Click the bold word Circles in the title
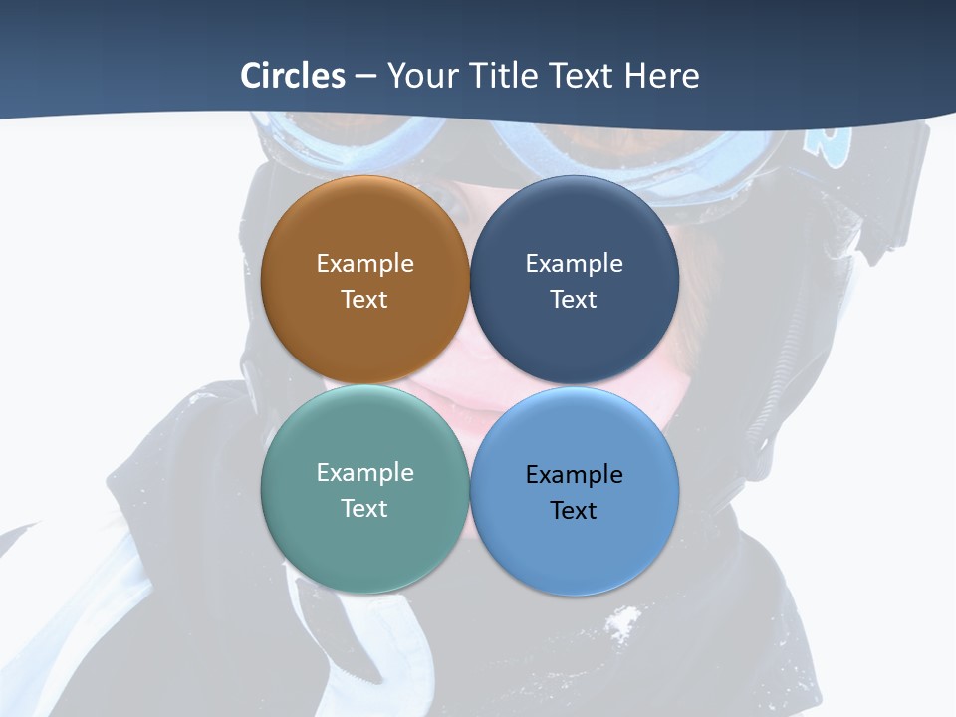(x=293, y=76)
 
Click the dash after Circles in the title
(x=365, y=77)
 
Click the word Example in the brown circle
(x=364, y=263)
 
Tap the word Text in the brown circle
(x=364, y=299)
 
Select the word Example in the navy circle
(x=574, y=263)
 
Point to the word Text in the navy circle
(x=574, y=299)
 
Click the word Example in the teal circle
(x=364, y=472)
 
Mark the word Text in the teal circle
(x=364, y=508)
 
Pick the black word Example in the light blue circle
(x=574, y=474)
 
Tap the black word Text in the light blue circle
(x=574, y=510)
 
